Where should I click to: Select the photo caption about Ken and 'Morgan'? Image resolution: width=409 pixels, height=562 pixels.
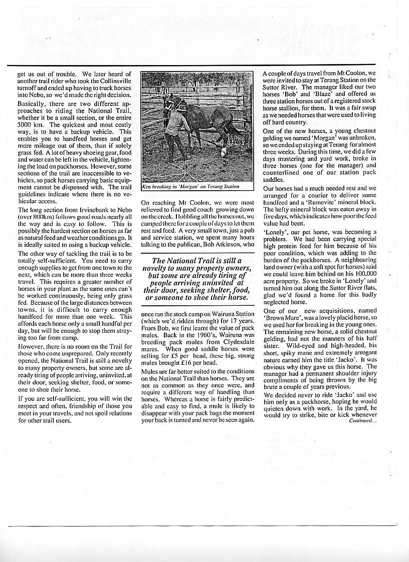[191, 186]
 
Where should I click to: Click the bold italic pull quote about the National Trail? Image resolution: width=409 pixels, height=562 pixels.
[197, 279]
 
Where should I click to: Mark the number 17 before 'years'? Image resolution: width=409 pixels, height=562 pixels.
[235, 320]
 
